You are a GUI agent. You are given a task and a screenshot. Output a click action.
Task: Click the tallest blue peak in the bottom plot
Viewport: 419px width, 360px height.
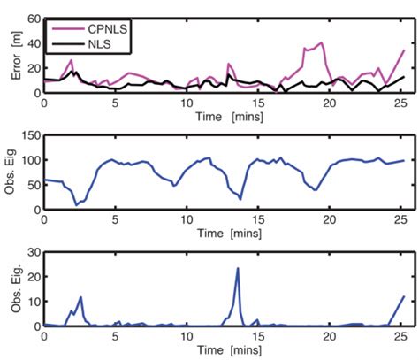click(238, 269)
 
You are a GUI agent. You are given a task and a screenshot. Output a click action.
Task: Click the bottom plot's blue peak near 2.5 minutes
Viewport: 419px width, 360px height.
click(80, 297)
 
